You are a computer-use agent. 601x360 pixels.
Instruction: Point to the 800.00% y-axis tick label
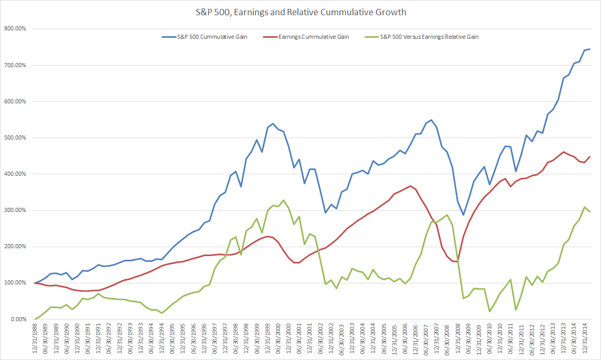coord(15,29)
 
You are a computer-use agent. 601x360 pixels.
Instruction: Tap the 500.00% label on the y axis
coord(15,138)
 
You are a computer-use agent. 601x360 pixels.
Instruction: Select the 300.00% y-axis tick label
coord(15,210)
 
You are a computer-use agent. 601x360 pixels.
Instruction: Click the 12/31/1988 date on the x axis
coord(35,338)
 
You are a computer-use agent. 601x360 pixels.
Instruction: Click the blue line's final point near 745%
coord(590,49)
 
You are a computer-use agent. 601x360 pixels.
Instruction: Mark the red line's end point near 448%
coord(590,156)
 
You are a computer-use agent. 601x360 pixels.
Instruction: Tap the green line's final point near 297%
coord(590,211)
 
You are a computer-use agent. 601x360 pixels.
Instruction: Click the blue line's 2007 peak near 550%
coord(431,120)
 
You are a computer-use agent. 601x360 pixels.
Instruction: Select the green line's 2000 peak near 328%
coord(284,200)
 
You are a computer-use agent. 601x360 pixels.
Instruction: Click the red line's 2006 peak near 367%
coord(410,186)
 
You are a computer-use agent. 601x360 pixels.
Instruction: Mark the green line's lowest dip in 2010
coord(489,311)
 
